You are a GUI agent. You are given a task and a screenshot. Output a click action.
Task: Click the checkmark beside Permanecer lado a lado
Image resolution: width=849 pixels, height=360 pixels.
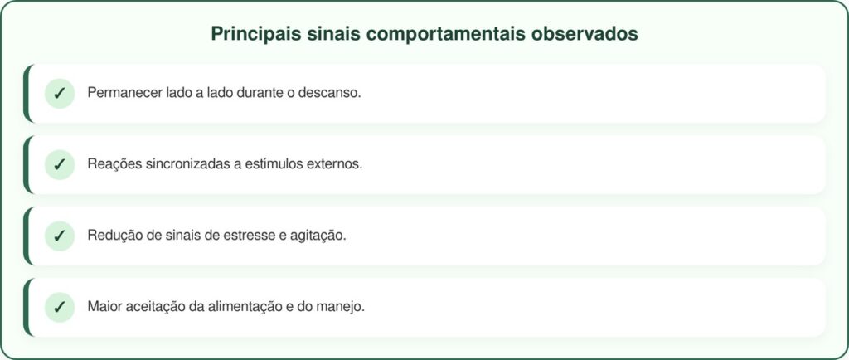tap(59, 93)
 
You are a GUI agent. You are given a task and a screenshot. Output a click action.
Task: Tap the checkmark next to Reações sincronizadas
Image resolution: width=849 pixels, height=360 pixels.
tap(59, 164)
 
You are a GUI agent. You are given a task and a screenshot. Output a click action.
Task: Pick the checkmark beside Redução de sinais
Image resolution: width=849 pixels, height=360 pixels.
tap(59, 236)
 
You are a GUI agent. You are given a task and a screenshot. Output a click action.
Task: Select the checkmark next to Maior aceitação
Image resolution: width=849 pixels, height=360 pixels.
tap(59, 307)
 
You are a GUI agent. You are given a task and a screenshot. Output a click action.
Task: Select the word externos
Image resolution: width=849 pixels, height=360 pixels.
tap(335, 164)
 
